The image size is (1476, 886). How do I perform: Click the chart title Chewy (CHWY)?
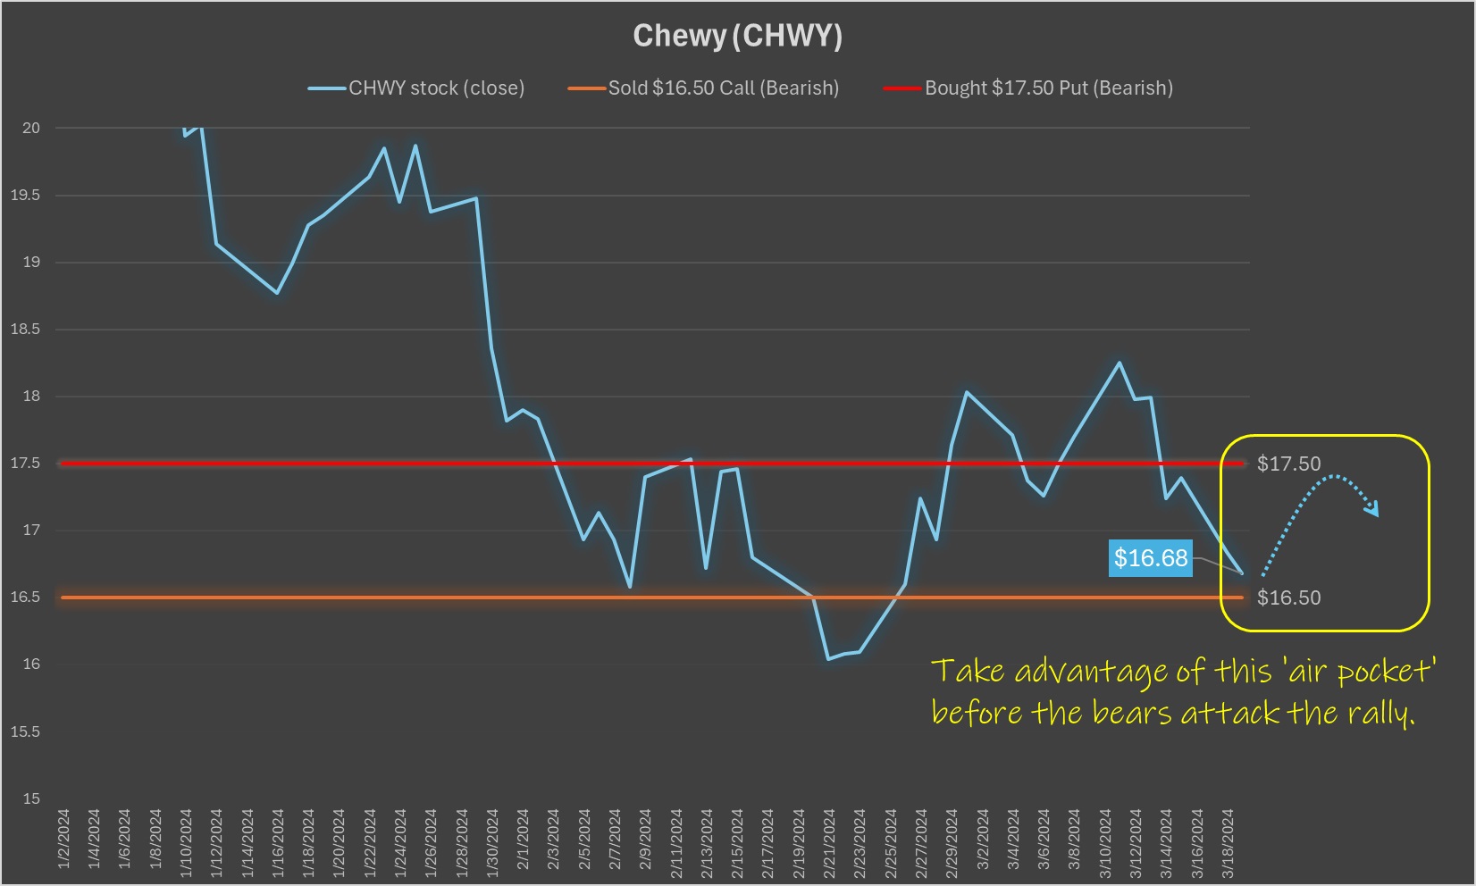click(737, 36)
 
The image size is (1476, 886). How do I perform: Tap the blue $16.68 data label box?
click(1151, 558)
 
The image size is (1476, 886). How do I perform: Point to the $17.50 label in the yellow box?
click(1288, 464)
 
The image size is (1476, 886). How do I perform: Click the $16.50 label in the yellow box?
click(1288, 598)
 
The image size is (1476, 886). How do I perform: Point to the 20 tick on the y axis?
click(31, 129)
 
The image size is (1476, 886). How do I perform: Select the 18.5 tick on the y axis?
click(26, 330)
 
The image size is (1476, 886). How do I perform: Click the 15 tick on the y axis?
click(31, 798)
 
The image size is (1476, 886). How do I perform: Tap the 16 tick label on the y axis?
click(31, 664)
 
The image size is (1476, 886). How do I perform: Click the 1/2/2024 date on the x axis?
click(63, 843)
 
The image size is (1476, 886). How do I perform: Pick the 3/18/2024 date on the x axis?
click(1228, 843)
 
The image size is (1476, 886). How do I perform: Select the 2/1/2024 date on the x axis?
click(523, 843)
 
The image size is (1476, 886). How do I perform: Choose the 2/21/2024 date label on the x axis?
click(829, 843)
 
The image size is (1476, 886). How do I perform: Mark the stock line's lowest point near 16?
click(829, 659)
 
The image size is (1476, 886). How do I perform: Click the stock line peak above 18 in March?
click(1120, 363)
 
